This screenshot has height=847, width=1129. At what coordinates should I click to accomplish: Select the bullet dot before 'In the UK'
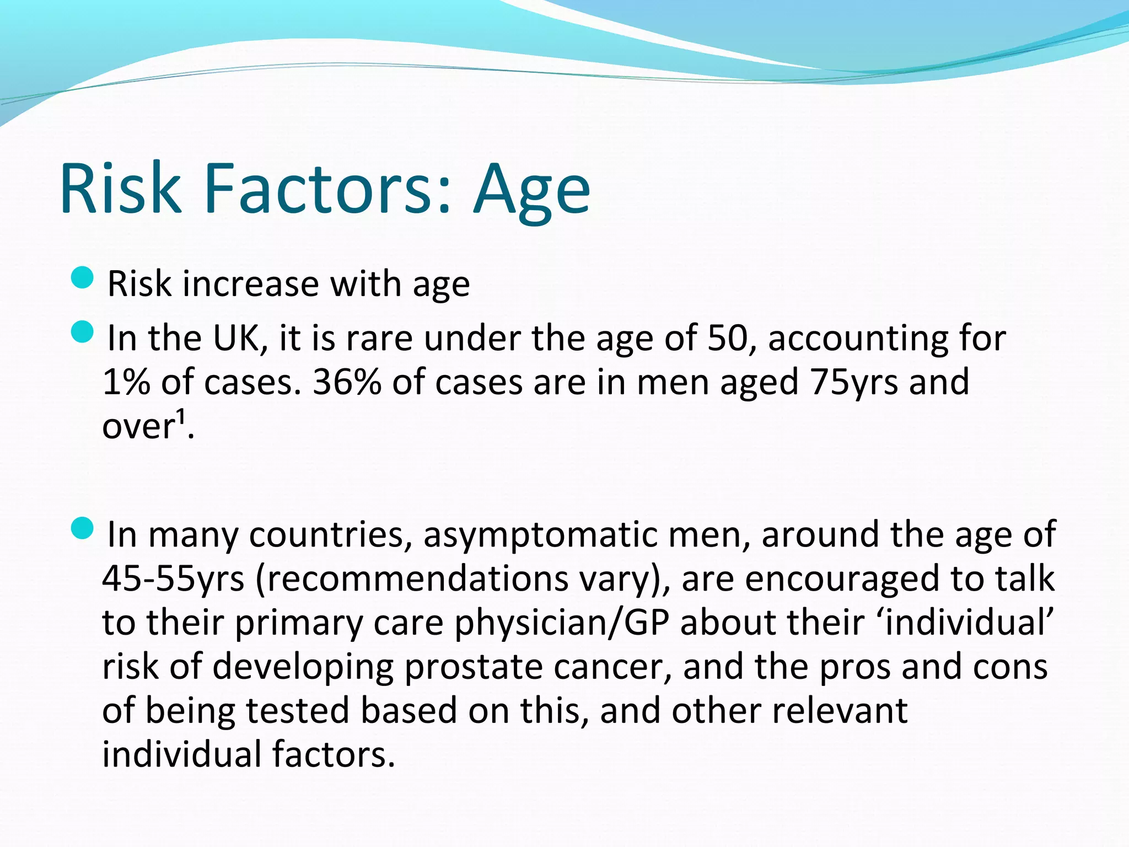83,333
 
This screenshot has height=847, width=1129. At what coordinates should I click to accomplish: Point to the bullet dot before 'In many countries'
83,529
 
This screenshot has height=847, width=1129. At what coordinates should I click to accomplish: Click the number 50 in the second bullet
727,338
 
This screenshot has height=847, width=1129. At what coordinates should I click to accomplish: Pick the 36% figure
347,382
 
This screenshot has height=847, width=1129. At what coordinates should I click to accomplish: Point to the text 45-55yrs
173,579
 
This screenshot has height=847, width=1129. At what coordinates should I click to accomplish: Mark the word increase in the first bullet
251,284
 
